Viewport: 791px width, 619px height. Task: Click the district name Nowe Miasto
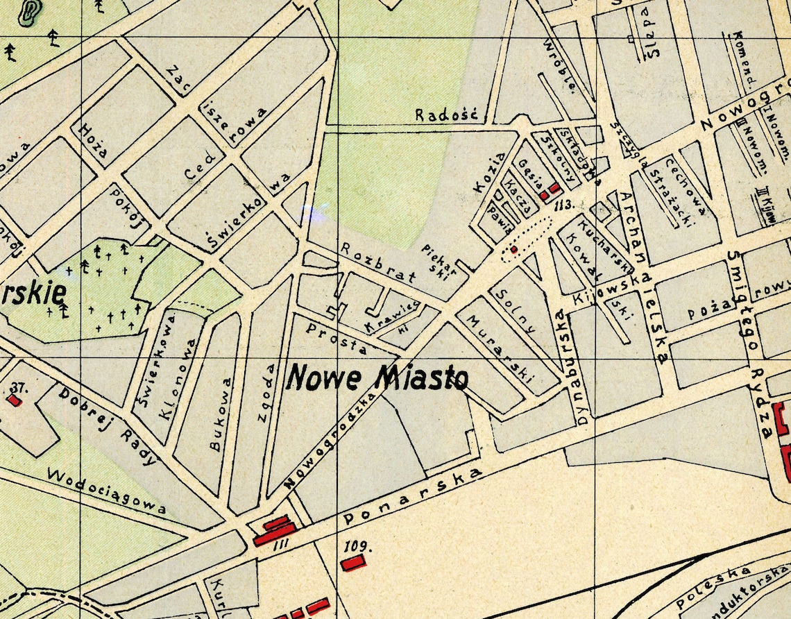(x=377, y=378)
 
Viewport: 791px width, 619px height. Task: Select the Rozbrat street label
(x=378, y=263)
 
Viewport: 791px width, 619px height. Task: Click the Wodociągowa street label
(x=107, y=491)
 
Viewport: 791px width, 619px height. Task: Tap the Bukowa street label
(x=221, y=414)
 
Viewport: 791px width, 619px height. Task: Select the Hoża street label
(x=93, y=141)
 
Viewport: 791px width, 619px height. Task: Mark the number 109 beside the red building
(x=357, y=545)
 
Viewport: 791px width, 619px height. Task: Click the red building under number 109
(x=352, y=563)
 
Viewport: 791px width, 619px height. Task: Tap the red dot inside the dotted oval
(x=514, y=249)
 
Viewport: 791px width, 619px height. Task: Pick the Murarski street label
(x=500, y=350)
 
